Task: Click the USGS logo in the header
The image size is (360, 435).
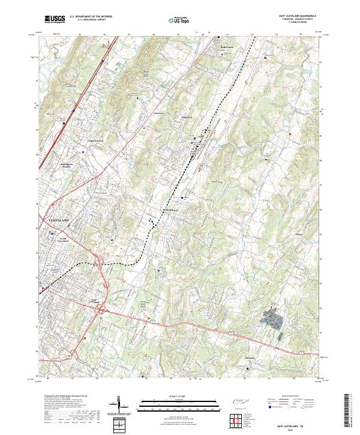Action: coord(53,19)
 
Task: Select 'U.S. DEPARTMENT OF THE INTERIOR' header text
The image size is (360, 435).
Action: coord(91,17)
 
